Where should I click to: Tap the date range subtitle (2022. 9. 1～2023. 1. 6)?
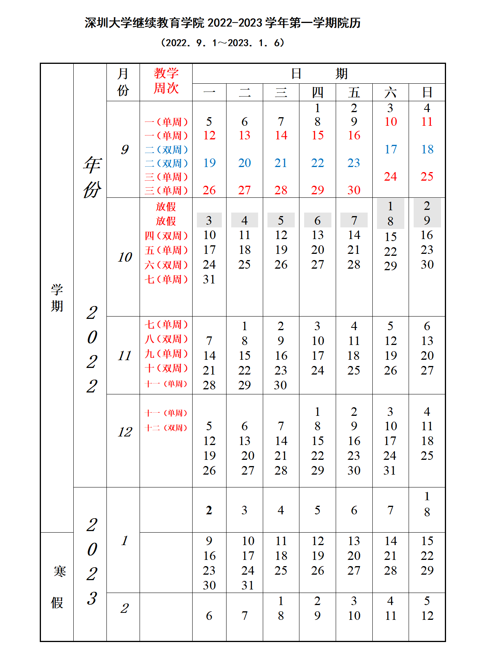pos(223,43)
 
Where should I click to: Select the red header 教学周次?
pos(166,81)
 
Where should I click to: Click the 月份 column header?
pos(123,82)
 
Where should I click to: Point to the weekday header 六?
pos(390,93)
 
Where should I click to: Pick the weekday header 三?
pos(281,93)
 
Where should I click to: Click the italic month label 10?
pos(125,257)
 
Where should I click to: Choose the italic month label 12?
pos(125,432)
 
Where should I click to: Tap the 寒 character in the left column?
pos(60,571)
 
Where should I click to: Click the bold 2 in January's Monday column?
pos(209,510)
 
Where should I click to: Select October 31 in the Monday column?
pos(209,279)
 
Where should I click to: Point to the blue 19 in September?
pos(209,163)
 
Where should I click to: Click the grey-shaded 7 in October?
pos(354,220)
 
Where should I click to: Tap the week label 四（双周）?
pos(166,236)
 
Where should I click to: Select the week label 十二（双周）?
pos(166,428)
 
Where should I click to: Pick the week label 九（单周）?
pos(166,354)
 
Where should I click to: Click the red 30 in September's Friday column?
pos(354,190)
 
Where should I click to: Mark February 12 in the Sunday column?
pos(427,616)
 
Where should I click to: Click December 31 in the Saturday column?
pos(389,470)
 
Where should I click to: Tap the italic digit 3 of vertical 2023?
pos(92,598)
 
